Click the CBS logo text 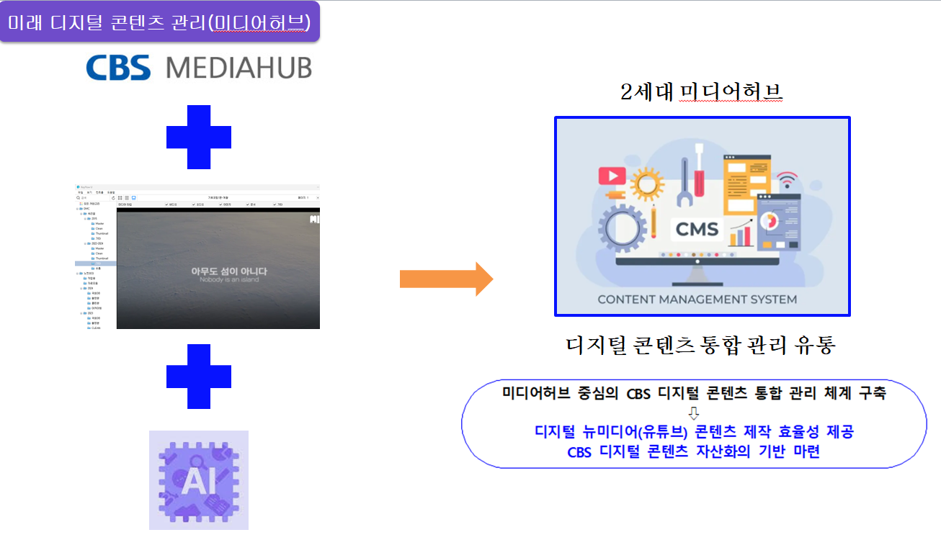[118, 68]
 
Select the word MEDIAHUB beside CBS [238, 68]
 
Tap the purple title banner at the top [159, 22]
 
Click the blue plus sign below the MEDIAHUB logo [199, 138]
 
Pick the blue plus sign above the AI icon [199, 376]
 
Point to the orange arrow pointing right [446, 278]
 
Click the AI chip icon [198, 480]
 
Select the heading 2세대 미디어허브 [701, 92]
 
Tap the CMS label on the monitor [697, 230]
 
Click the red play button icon [612, 175]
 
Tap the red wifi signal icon [788, 179]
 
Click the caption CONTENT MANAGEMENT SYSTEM [697, 299]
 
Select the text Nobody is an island [228, 279]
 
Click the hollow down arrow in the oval [694, 413]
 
